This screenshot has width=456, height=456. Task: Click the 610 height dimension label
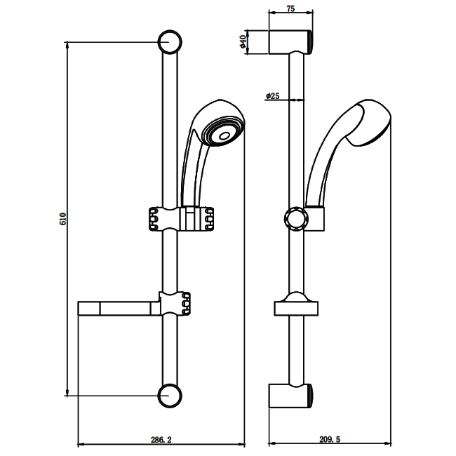click(63, 218)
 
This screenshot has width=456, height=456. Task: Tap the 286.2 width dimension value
click(160, 439)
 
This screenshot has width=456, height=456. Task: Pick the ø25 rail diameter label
click(273, 96)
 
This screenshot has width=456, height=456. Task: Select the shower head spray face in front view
click(223, 130)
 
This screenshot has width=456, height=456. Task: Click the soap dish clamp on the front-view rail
click(175, 303)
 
